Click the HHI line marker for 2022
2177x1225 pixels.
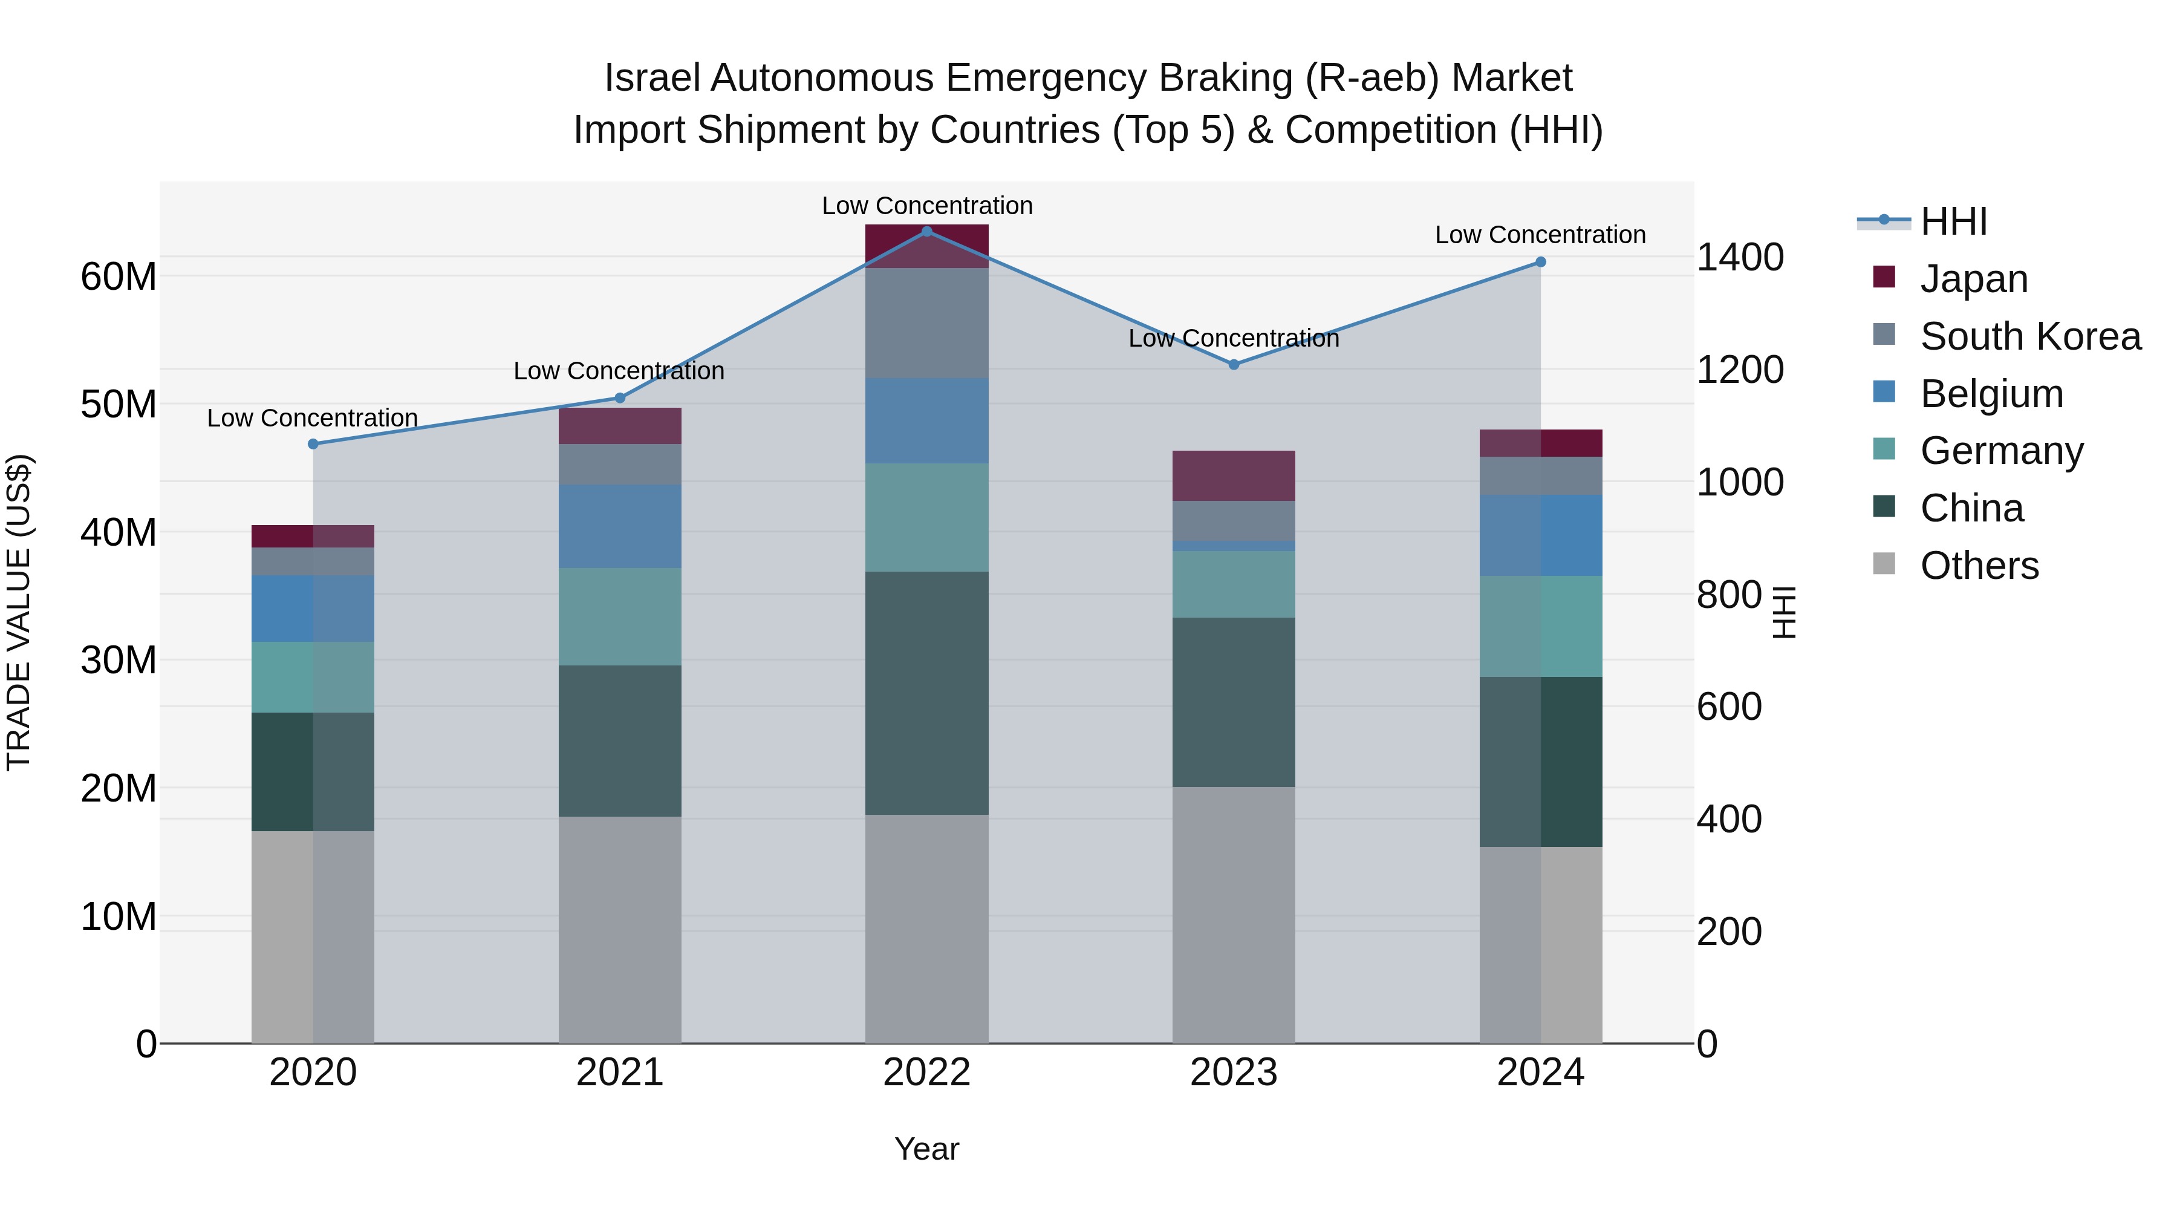coord(926,231)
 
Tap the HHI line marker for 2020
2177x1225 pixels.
coord(313,444)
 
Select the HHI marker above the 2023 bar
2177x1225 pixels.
coord(1233,364)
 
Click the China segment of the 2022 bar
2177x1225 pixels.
coord(926,693)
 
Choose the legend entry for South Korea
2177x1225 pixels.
coord(2030,336)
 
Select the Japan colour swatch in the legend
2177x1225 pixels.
coord(1884,276)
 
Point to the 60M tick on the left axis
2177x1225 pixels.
coord(119,276)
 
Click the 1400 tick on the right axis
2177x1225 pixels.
coord(1740,257)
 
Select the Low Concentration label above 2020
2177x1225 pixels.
coord(313,419)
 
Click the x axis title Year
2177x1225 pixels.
coord(926,1149)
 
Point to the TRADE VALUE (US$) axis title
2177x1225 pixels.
coord(19,612)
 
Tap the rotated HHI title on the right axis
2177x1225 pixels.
coord(1783,612)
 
